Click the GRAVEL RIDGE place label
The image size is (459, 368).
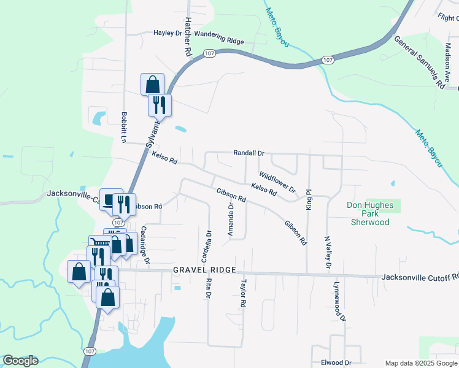click(201, 270)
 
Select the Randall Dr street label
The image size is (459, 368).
click(249, 153)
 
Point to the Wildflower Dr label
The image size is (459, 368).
click(277, 182)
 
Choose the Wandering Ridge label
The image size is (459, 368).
click(219, 40)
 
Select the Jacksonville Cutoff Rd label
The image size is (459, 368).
click(420, 277)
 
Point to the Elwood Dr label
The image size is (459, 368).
click(336, 362)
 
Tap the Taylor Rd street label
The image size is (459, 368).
click(244, 294)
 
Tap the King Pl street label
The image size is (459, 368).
click(309, 201)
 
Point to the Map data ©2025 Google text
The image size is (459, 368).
click(421, 363)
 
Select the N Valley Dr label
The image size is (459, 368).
click(328, 253)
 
